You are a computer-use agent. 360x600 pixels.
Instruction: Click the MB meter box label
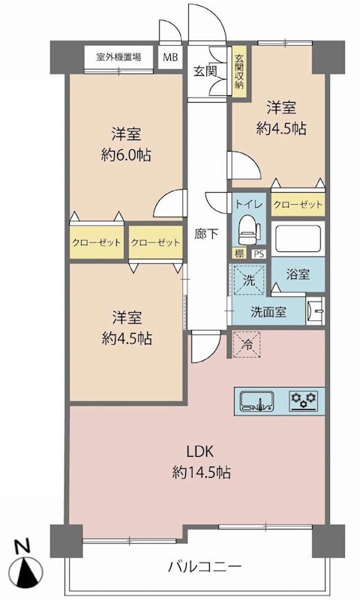pos(170,58)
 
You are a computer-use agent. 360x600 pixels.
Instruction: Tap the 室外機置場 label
pos(118,58)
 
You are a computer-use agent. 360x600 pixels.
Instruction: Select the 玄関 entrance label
pos(205,71)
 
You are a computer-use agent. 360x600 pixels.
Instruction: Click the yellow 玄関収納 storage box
pos(239,71)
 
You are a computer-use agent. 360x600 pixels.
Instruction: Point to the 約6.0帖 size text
pos(125,155)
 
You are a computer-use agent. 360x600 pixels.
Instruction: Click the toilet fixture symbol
pos(248,230)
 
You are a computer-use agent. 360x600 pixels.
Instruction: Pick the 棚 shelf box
pos(239,253)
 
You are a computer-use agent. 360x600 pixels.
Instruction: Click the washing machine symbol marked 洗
pos(249,280)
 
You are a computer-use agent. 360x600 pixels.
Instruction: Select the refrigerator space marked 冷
pos(247,344)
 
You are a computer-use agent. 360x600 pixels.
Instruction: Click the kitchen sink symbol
pos(256,401)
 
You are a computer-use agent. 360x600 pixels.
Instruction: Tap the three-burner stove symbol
pos(304,401)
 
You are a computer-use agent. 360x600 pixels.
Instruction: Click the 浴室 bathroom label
pos(298,274)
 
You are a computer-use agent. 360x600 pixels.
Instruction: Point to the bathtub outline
pos(298,238)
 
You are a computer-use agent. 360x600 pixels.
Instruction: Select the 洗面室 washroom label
pos(268,312)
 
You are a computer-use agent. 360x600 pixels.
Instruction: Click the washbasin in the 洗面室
pos(315,310)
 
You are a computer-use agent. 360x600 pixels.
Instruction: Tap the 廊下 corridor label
pos(206,234)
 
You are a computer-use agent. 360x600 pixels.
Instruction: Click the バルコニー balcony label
pos(205,565)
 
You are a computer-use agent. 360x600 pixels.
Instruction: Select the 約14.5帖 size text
pos(201,473)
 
